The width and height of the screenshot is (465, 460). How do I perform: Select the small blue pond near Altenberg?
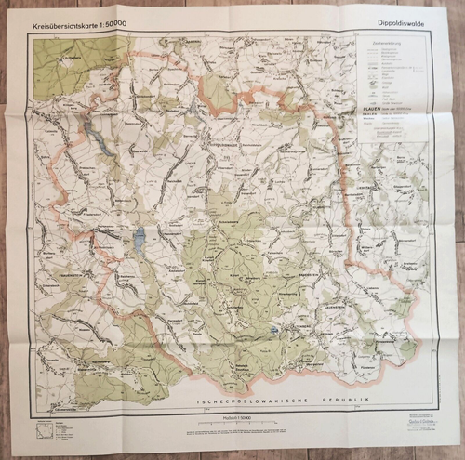point(274,329)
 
